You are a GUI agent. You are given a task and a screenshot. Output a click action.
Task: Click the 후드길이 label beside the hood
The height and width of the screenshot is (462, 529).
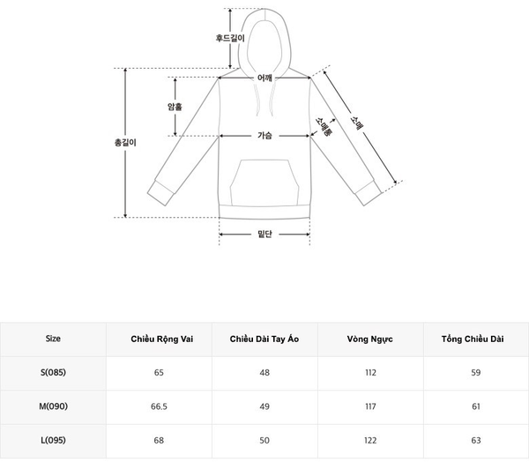(230, 38)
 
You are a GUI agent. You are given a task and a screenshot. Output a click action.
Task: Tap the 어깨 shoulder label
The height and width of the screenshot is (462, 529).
(264, 78)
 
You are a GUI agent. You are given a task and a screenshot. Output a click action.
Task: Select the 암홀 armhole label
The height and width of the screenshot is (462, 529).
(175, 107)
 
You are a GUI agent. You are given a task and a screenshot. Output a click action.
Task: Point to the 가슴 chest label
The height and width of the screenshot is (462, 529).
(264, 135)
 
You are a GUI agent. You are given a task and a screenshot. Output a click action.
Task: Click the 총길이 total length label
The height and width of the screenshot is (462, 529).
(125, 143)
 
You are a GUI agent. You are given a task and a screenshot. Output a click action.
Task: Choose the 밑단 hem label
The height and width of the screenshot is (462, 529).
(264, 234)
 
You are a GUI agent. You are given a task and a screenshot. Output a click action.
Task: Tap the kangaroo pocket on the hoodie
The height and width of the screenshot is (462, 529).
(264, 183)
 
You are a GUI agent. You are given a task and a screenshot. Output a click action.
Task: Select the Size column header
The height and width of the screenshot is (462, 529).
(53, 339)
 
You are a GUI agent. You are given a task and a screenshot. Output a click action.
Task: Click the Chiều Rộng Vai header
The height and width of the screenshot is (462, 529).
(162, 339)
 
